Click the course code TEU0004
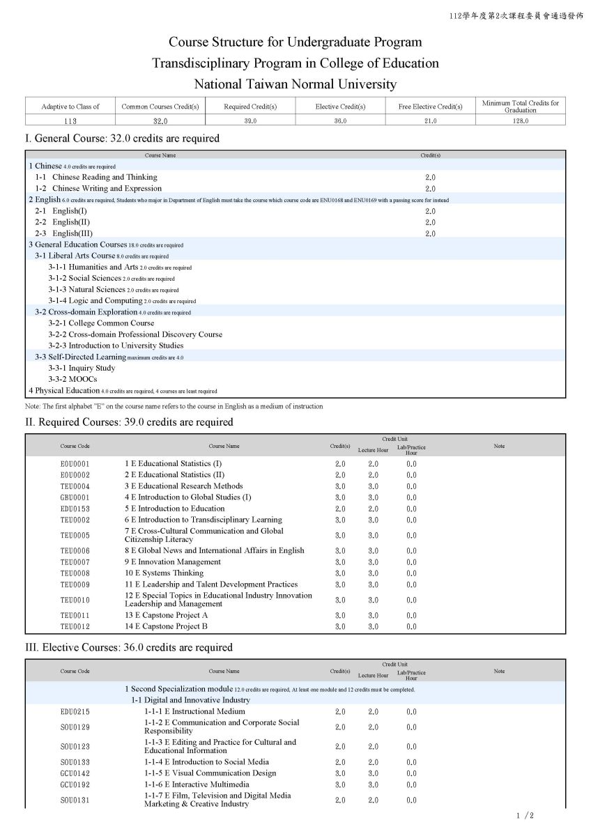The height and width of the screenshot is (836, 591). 75,486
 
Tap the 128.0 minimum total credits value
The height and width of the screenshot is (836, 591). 520,121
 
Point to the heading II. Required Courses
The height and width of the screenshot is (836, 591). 129,422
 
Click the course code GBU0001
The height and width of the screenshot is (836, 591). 75,497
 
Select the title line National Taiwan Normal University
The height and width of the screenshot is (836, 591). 295,84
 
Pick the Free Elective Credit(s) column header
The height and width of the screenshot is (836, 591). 430,107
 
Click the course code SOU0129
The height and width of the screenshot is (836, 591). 75,727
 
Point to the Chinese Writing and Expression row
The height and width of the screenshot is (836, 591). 98,188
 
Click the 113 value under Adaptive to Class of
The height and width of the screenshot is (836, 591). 70,121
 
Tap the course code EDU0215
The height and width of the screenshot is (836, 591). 75,712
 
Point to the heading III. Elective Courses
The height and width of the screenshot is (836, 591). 128,647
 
